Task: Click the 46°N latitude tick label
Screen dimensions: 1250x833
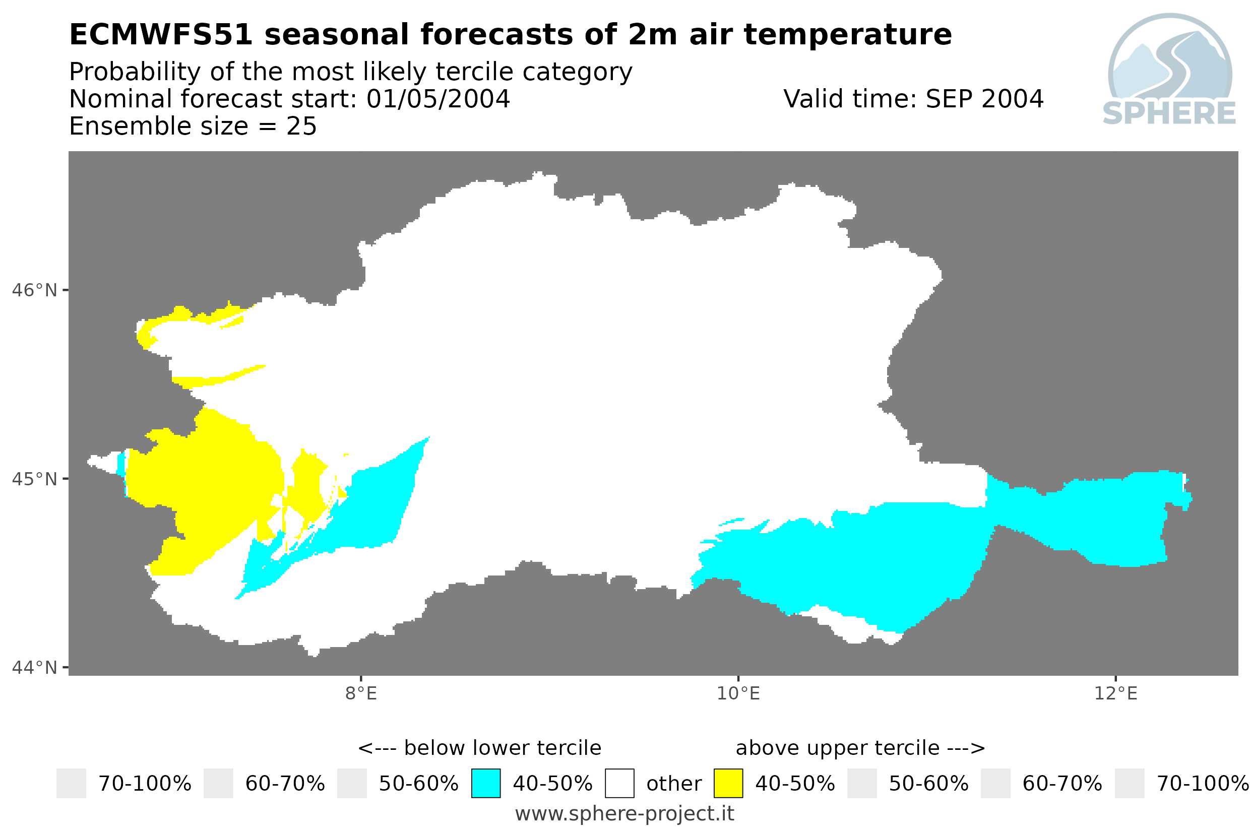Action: tap(34, 291)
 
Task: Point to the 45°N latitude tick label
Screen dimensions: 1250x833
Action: tap(34, 479)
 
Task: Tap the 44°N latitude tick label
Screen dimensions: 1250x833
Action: tap(34, 667)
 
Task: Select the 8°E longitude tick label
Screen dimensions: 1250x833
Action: tap(361, 694)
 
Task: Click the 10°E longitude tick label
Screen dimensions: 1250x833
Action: tap(738, 694)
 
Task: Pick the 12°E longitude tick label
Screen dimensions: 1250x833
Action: tap(1115, 694)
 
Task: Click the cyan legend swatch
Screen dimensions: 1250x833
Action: tap(485, 783)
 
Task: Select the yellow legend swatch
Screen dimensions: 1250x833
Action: tap(728, 783)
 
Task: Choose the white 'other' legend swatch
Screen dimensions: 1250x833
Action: tap(619, 783)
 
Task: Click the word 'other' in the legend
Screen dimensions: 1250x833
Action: tap(673, 784)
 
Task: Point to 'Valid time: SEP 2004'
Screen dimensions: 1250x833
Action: tap(913, 99)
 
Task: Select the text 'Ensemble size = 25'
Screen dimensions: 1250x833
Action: tap(193, 126)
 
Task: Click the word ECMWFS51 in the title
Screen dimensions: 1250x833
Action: tap(161, 35)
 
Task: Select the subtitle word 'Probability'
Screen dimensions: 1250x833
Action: tap(135, 72)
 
